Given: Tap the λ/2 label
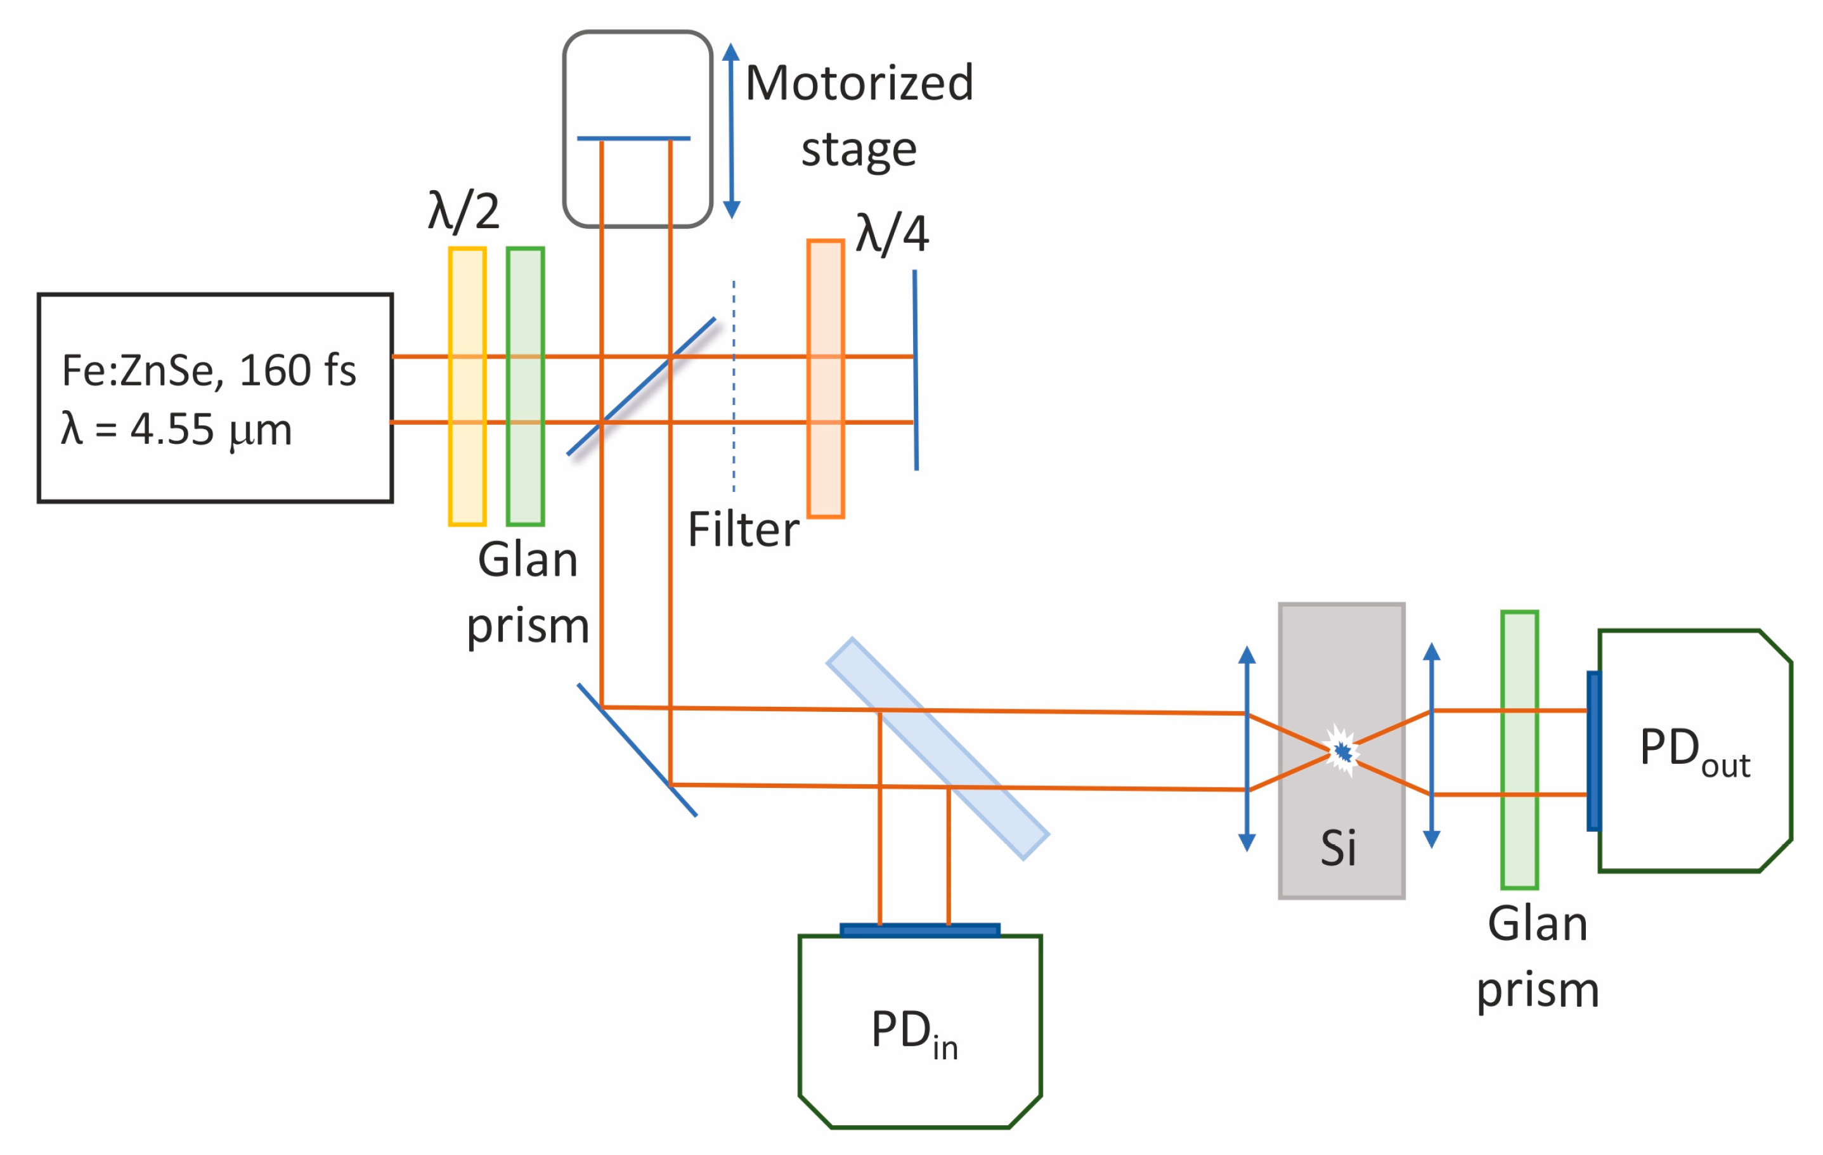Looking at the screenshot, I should [x=464, y=211].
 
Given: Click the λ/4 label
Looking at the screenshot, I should [x=892, y=234].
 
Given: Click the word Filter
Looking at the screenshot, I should [x=743, y=530].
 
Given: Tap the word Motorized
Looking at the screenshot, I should [x=859, y=83].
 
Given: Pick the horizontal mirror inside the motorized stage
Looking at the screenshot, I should [x=633, y=138].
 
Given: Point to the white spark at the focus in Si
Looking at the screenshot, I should [x=1342, y=751].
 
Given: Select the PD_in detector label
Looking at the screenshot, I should [x=914, y=1033].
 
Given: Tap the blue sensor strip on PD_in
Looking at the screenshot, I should [x=920, y=930].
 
